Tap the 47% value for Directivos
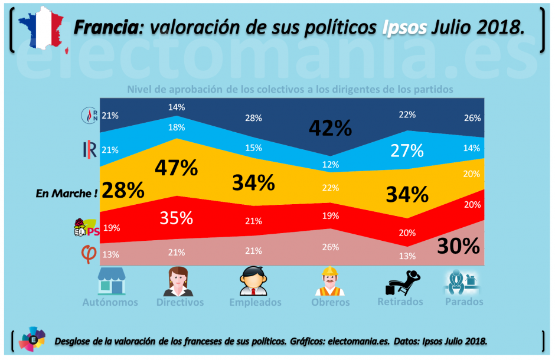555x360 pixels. pos(176,168)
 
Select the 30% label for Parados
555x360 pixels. pos(458,246)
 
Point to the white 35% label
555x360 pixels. pos(177,218)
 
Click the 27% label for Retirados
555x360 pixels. pos(407,150)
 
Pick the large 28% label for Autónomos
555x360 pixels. pos(123,190)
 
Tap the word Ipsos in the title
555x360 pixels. pos(404,28)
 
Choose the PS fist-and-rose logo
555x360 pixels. pos(86,227)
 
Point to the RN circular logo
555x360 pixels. pos(89,116)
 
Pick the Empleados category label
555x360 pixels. pos(255,302)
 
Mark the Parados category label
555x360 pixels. pos(465,302)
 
